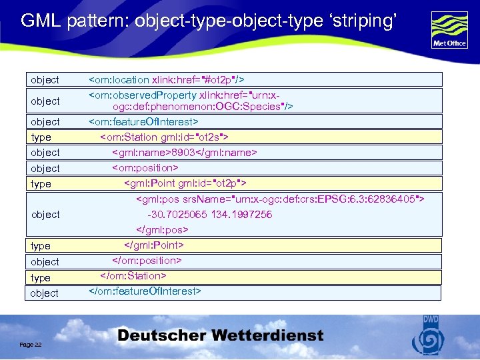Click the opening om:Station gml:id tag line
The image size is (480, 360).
(164, 137)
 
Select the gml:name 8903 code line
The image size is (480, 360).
(184, 153)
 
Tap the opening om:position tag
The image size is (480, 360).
(145, 168)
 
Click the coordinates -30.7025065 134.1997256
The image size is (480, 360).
(209, 215)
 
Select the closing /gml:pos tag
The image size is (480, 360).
(163, 230)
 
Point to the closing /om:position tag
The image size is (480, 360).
(147, 261)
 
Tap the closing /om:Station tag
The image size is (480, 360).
(133, 276)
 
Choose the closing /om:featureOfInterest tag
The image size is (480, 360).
(145, 291)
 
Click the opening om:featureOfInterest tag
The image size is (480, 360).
(143, 122)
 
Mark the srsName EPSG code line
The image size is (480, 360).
(280, 199)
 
